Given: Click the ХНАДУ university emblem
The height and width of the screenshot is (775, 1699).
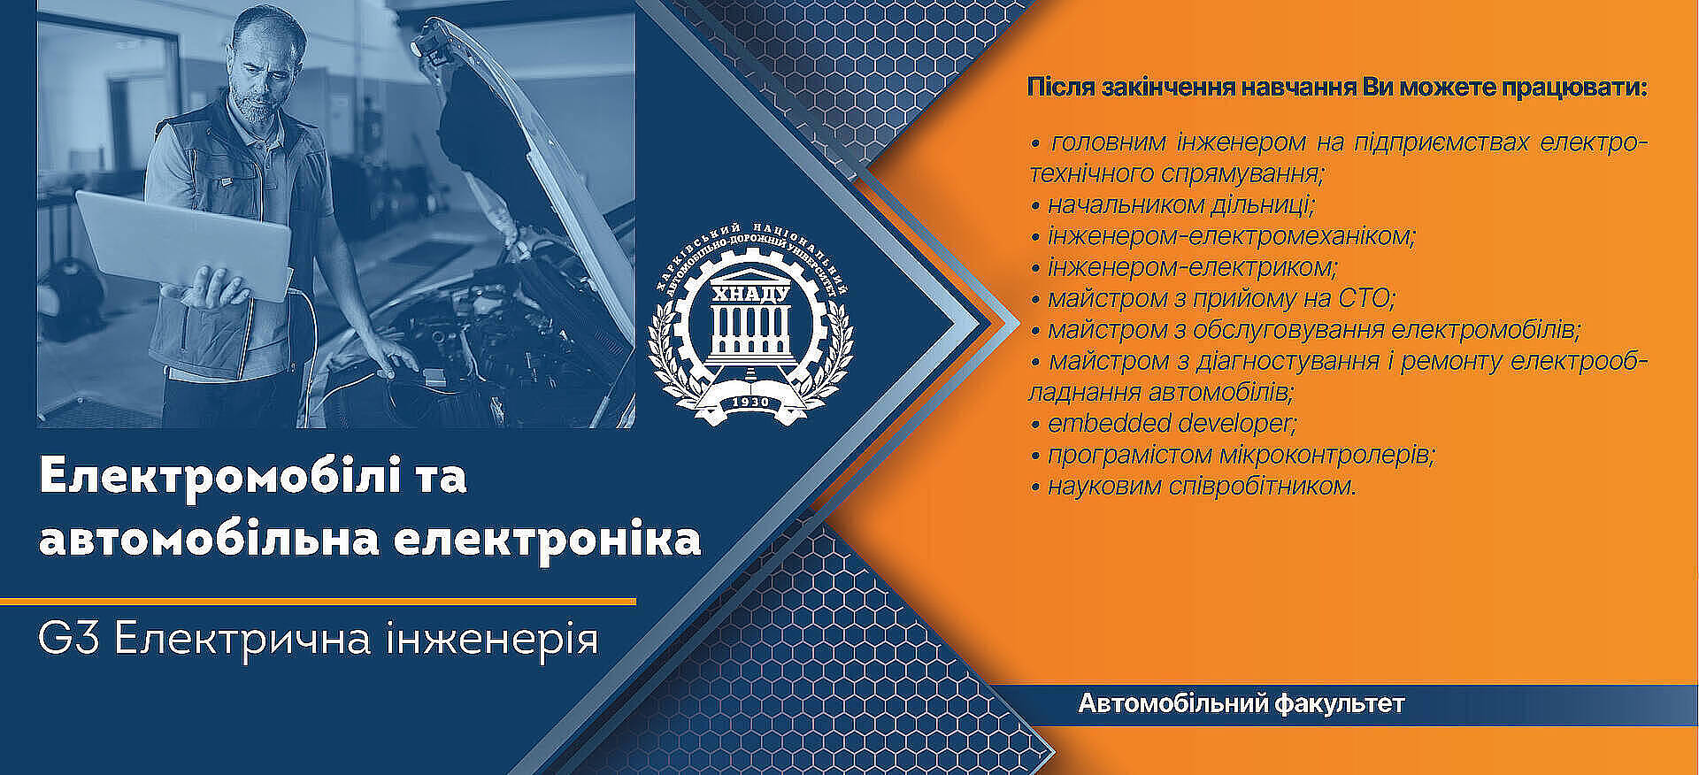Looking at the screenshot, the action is pos(750,319).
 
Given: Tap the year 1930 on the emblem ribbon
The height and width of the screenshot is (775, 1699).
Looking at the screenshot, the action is pos(750,403).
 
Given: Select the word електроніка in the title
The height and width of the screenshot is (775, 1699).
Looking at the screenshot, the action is pos(547,540).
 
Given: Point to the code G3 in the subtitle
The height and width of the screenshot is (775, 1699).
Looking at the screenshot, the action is pos(70,638).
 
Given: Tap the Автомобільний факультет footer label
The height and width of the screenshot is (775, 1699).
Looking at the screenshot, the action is pos(1242,704).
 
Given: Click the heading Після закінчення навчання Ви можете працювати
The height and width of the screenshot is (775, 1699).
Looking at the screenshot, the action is pos(1337,88).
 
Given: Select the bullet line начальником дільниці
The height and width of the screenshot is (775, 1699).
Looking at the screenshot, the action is pos(1173,205).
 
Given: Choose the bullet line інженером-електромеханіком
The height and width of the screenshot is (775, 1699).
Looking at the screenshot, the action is pos(1223,236).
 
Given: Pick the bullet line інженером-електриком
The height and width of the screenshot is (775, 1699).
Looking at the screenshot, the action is pos(1184,267).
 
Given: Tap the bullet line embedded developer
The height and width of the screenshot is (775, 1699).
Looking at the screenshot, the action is pos(1164,423).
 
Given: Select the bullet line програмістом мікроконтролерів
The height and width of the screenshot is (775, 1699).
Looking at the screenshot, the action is pos(1233,455).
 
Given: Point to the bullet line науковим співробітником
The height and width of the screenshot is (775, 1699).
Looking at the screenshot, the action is pos(1194,486).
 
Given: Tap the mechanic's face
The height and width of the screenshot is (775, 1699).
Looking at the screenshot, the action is pos(262,73).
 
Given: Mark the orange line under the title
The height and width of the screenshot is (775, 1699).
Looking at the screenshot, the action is pos(319,602).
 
